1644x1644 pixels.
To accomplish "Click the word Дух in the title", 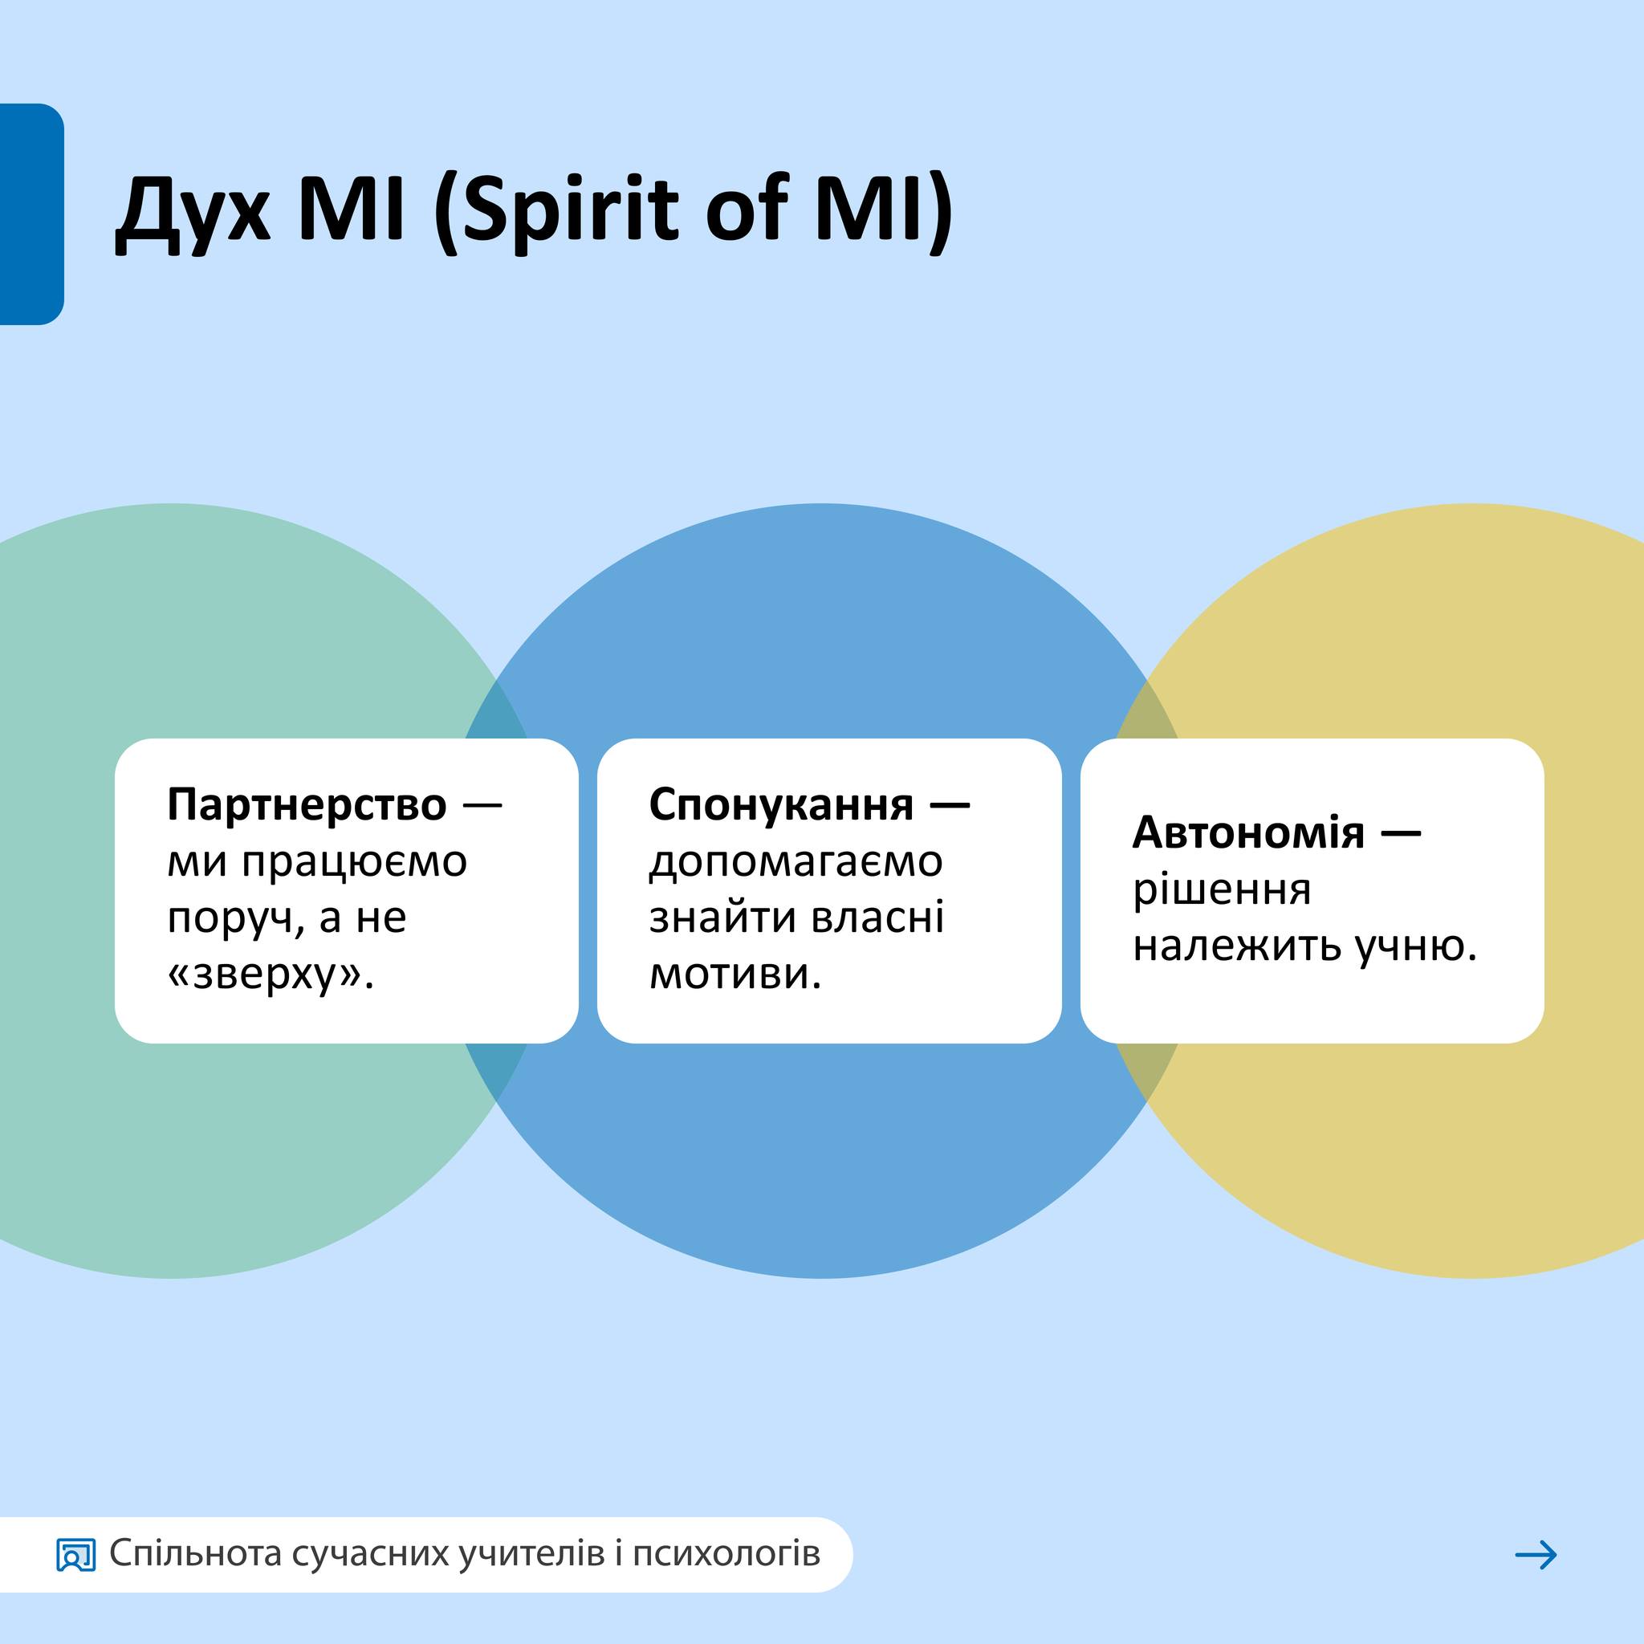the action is [x=193, y=210].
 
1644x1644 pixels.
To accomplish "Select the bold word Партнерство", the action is [x=307, y=804].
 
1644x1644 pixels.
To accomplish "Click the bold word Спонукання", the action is [x=781, y=805].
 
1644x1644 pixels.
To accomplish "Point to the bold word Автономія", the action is [x=1248, y=832].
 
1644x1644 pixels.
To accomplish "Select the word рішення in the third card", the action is [x=1222, y=890].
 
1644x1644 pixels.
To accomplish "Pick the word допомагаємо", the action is [x=796, y=861].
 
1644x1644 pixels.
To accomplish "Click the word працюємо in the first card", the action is [x=354, y=862].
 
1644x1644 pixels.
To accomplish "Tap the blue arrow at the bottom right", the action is [x=1536, y=1555].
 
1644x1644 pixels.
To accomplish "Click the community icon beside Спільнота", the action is [x=75, y=1556].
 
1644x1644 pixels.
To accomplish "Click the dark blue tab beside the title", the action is [x=31, y=214].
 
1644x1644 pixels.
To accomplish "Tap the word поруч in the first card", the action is [x=235, y=918].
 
